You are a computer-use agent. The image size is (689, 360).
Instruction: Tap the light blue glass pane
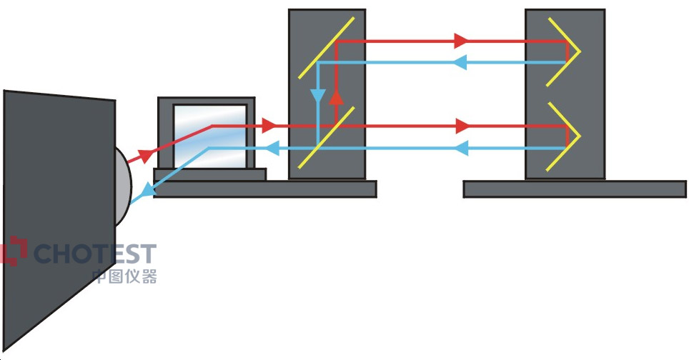point(210,136)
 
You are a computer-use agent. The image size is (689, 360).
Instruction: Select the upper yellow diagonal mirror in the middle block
point(326,48)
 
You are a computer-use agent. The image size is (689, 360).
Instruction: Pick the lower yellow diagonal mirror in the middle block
point(326,137)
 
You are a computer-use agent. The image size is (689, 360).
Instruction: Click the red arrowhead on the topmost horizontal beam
point(461,41)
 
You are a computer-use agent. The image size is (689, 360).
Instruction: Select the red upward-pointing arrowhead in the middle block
point(336,98)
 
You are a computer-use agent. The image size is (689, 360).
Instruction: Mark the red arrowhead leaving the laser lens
point(146,156)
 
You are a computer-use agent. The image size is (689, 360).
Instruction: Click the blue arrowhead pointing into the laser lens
point(149,189)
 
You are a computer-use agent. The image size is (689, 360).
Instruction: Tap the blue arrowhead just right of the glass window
point(273,149)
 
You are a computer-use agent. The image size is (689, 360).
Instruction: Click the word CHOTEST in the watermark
point(95,254)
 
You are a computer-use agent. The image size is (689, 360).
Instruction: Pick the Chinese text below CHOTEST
point(124,276)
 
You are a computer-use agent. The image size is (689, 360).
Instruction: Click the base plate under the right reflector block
point(575,189)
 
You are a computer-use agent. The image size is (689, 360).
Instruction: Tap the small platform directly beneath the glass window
point(210,175)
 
